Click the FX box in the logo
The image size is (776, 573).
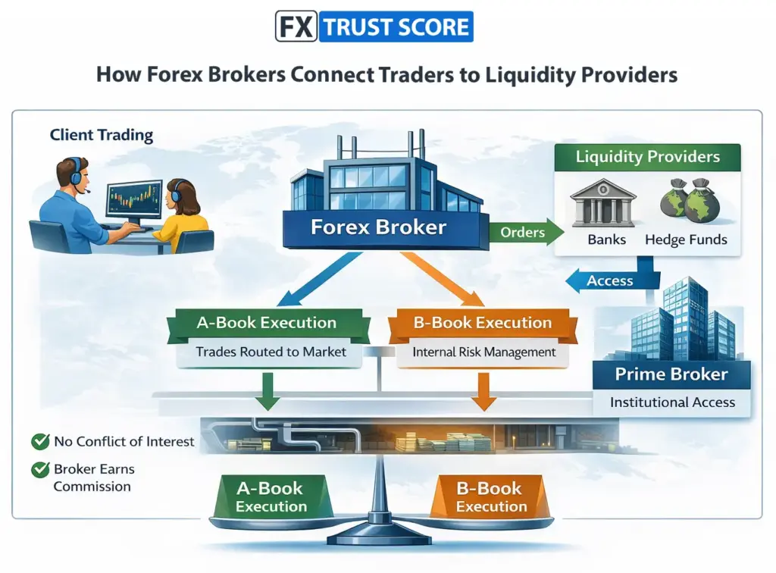click(x=295, y=27)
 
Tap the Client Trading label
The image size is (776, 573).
click(x=102, y=136)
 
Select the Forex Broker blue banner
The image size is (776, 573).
click(x=379, y=227)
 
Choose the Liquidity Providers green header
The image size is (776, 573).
click(x=648, y=158)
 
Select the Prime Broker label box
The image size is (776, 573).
click(x=671, y=374)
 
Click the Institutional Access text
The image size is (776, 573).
click(x=672, y=402)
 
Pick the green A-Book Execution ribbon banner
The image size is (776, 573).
click(x=266, y=323)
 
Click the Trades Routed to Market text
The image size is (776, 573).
click(x=271, y=352)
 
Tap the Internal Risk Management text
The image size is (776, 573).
click(x=484, y=352)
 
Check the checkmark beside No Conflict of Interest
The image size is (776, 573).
click(x=40, y=441)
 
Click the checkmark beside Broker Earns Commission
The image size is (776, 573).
click(x=40, y=470)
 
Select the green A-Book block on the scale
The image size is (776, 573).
click(x=271, y=496)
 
